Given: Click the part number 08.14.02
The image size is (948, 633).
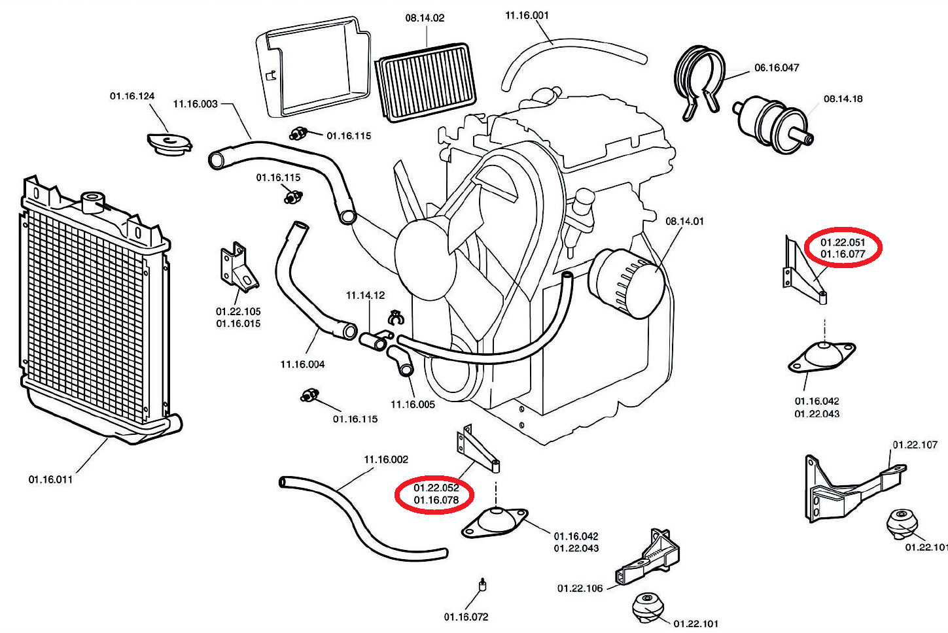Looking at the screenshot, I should click(425, 18).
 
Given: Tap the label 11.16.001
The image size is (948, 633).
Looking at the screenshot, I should click(527, 15).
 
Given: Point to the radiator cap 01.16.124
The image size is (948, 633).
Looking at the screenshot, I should click(169, 144).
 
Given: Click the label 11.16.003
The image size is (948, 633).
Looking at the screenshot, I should click(195, 104).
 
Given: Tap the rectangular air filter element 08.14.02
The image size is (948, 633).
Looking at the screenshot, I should click(425, 82).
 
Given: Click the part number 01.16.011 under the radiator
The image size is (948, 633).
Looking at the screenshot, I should click(50, 479).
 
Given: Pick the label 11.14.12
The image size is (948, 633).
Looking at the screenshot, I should click(365, 296).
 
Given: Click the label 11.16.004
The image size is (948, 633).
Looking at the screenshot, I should click(302, 364).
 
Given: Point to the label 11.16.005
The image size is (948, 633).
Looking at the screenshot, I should click(413, 404).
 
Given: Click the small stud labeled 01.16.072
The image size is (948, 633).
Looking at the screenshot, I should click(483, 585).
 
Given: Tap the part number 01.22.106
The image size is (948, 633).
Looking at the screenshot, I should click(580, 589).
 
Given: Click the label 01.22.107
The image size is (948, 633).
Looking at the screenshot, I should click(915, 445).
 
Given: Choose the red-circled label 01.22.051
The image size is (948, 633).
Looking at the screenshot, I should click(843, 243).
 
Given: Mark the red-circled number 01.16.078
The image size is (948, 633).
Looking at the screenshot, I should click(436, 500).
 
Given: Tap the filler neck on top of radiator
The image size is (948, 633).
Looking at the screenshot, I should click(92, 199).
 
